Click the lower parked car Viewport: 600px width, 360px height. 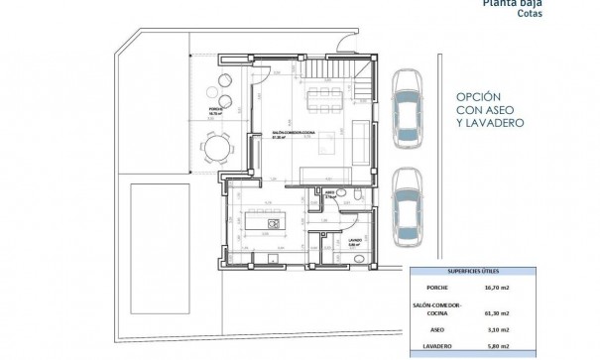click(407, 207)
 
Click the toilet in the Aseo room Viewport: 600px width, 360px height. click(340, 194)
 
